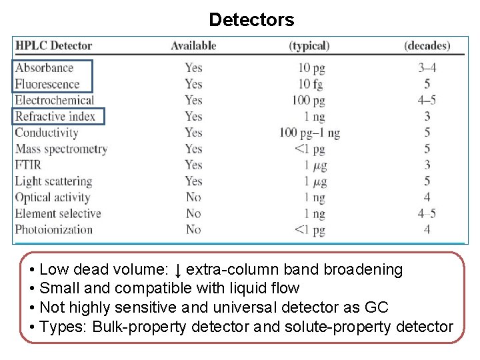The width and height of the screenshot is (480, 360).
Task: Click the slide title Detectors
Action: pyautogui.click(x=251, y=20)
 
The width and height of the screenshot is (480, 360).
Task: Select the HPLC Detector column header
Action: pyautogui.click(x=53, y=46)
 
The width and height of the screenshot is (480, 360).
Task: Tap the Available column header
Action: pyautogui.click(x=193, y=46)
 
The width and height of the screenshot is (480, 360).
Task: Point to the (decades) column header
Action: pyautogui.click(x=427, y=46)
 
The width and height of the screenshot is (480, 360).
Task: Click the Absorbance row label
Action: pyautogui.click(x=44, y=67)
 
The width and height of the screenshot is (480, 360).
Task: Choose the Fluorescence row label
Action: pyautogui.click(x=47, y=84)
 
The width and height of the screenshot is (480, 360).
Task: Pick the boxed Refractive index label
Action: pyautogui.click(x=55, y=117)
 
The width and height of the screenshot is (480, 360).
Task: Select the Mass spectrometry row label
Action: pyautogui.click(x=61, y=149)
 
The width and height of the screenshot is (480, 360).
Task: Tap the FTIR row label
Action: pyautogui.click(x=28, y=165)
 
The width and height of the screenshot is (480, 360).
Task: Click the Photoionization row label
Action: pyautogui.click(x=54, y=229)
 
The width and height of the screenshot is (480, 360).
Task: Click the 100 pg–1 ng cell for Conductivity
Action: pyautogui.click(x=309, y=133)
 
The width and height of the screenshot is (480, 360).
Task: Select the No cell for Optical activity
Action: pyautogui.click(x=193, y=197)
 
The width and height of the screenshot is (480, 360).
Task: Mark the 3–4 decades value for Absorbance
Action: pyautogui.click(x=427, y=67)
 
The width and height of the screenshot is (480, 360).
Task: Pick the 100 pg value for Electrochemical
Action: pyautogui.click(x=308, y=100)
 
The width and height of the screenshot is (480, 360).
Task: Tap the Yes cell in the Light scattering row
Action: pyautogui.click(x=193, y=181)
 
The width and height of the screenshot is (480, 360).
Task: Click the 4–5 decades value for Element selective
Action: pyautogui.click(x=427, y=213)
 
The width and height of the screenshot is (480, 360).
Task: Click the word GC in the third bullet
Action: pyautogui.click(x=376, y=307)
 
